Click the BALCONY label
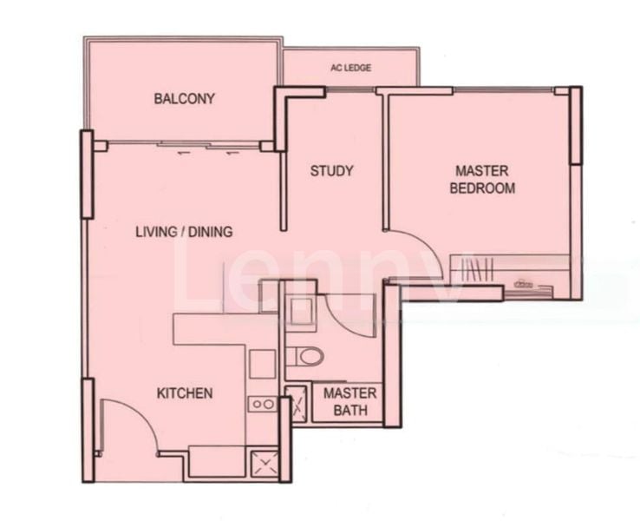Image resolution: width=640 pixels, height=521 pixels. pyautogui.click(x=184, y=99)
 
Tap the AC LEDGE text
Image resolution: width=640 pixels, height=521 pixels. pyautogui.click(x=350, y=68)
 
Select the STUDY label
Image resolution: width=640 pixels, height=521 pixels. pyautogui.click(x=331, y=171)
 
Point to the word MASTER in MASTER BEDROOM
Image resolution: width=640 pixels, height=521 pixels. pyautogui.click(x=482, y=171)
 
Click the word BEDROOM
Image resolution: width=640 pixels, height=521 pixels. pyautogui.click(x=482, y=188)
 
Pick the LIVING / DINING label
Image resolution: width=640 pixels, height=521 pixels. pyautogui.click(x=184, y=232)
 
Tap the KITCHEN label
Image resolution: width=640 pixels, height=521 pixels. pyautogui.click(x=185, y=393)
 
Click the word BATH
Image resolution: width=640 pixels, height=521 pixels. pyautogui.click(x=350, y=410)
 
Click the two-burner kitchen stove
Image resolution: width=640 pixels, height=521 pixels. pyautogui.click(x=263, y=404)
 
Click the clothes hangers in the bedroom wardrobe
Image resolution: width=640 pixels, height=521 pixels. pyautogui.click(x=478, y=269)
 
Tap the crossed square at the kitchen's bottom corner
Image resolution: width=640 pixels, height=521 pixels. pyautogui.click(x=264, y=464)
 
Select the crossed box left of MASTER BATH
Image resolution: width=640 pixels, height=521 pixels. pyautogui.click(x=297, y=405)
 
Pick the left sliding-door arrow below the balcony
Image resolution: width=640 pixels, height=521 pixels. pyautogui.click(x=184, y=153)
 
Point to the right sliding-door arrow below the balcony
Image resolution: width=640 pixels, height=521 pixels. pyautogui.click(x=232, y=153)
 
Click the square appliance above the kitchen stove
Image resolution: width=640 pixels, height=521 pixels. pyautogui.click(x=263, y=365)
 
